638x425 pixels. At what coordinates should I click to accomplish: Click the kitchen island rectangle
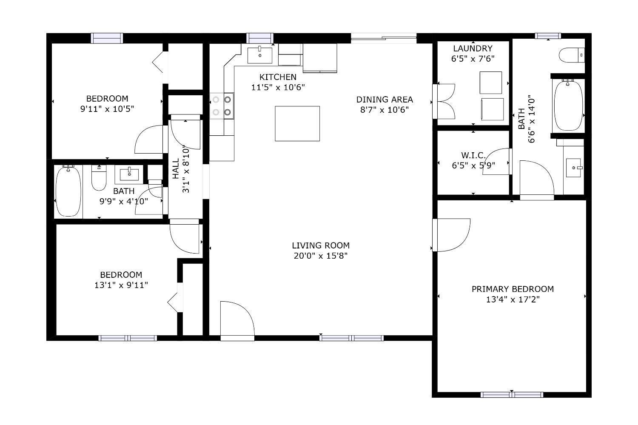tap(297, 123)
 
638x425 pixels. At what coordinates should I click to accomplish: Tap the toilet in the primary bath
tap(571, 55)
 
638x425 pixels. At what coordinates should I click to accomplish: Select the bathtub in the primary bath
tap(568, 106)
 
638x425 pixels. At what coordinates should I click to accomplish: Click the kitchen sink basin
tap(259, 55)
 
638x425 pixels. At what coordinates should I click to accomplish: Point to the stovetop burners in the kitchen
tap(222, 106)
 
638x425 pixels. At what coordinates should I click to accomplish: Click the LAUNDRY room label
tap(473, 48)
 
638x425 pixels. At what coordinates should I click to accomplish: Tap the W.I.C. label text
tap(473, 155)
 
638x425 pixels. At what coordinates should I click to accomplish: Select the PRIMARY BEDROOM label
tap(513, 289)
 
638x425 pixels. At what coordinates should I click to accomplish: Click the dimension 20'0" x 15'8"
tap(320, 256)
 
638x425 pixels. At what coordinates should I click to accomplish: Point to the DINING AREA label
tap(385, 100)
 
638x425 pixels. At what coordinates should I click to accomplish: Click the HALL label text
tap(176, 168)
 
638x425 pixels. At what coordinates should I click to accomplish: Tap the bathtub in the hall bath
tap(68, 191)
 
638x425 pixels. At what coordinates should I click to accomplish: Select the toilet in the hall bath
tap(99, 178)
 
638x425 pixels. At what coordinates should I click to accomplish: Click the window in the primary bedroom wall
tap(512, 395)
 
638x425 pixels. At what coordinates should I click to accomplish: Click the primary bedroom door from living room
tap(451, 235)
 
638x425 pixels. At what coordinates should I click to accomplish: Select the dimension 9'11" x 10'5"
tap(107, 109)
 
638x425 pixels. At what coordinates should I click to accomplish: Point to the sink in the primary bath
tap(573, 168)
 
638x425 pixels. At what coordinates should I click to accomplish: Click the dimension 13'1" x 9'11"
tap(121, 285)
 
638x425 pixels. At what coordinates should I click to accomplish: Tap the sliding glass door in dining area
tap(384, 38)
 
